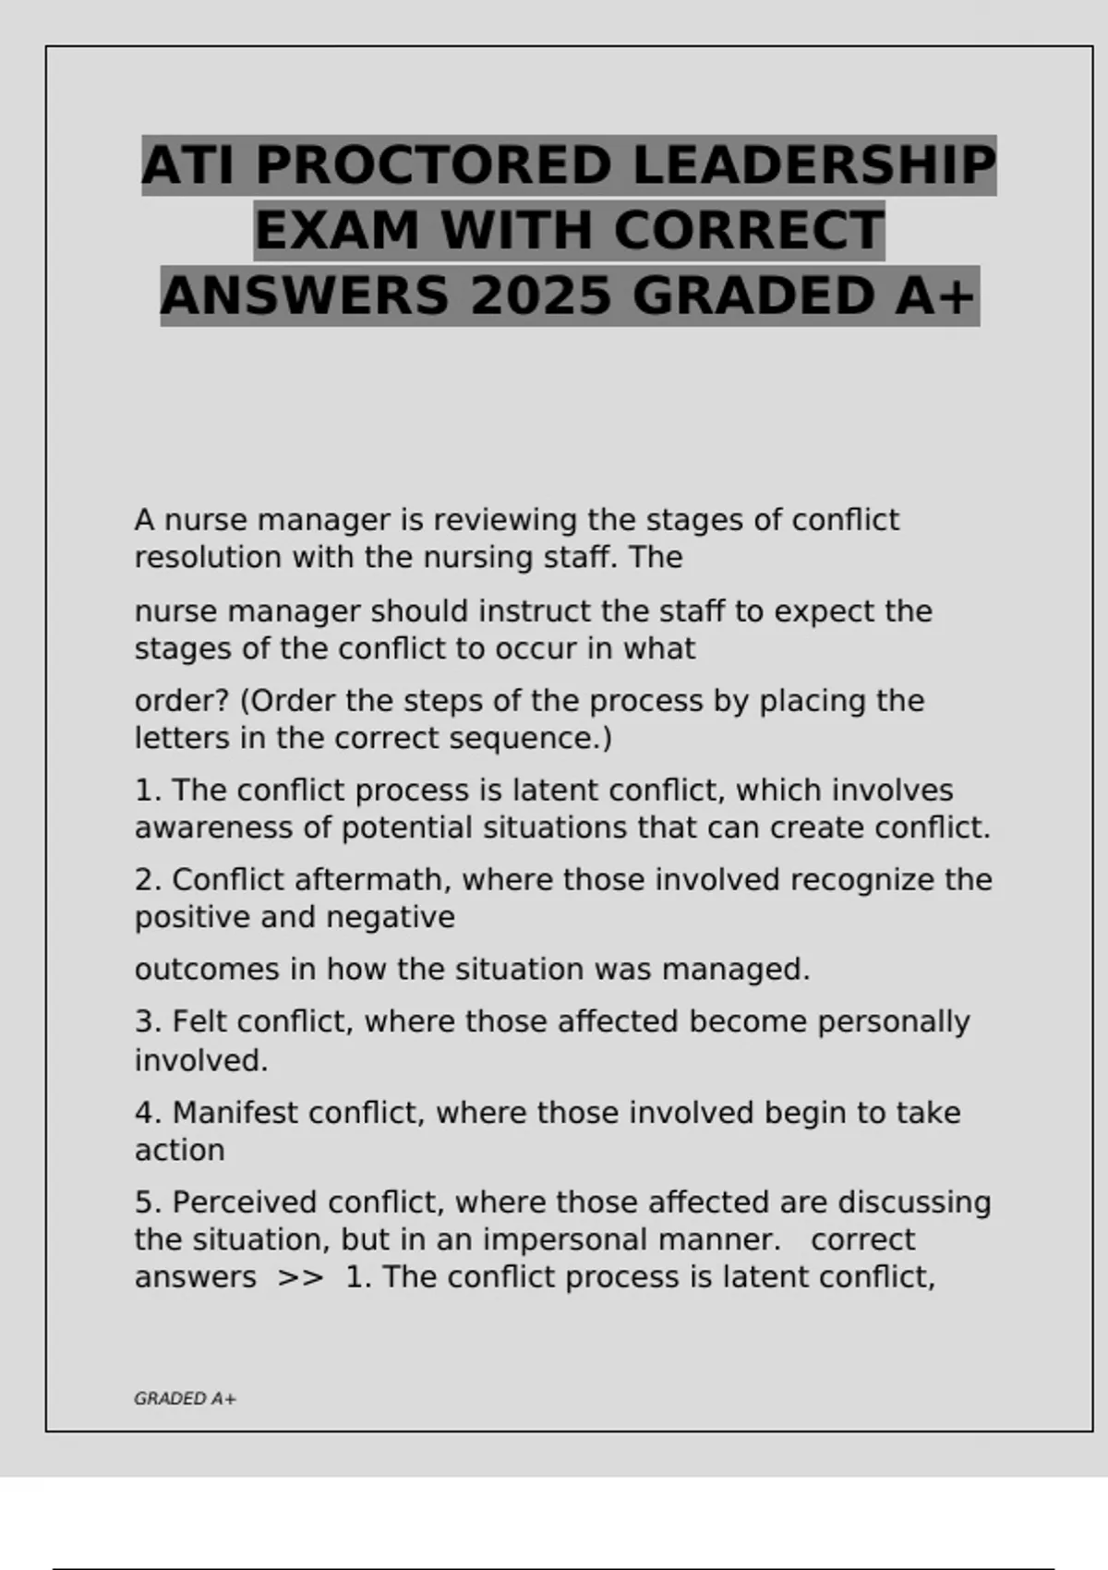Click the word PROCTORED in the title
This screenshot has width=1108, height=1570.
432,166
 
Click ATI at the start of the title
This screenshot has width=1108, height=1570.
189,166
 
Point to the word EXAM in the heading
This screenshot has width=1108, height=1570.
337,231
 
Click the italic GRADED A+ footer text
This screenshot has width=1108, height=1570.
185,1399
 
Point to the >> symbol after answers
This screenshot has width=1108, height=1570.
301,1277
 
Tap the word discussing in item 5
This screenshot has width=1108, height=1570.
914,1202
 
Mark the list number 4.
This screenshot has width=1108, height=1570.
145,1113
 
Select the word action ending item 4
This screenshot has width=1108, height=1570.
179,1151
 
